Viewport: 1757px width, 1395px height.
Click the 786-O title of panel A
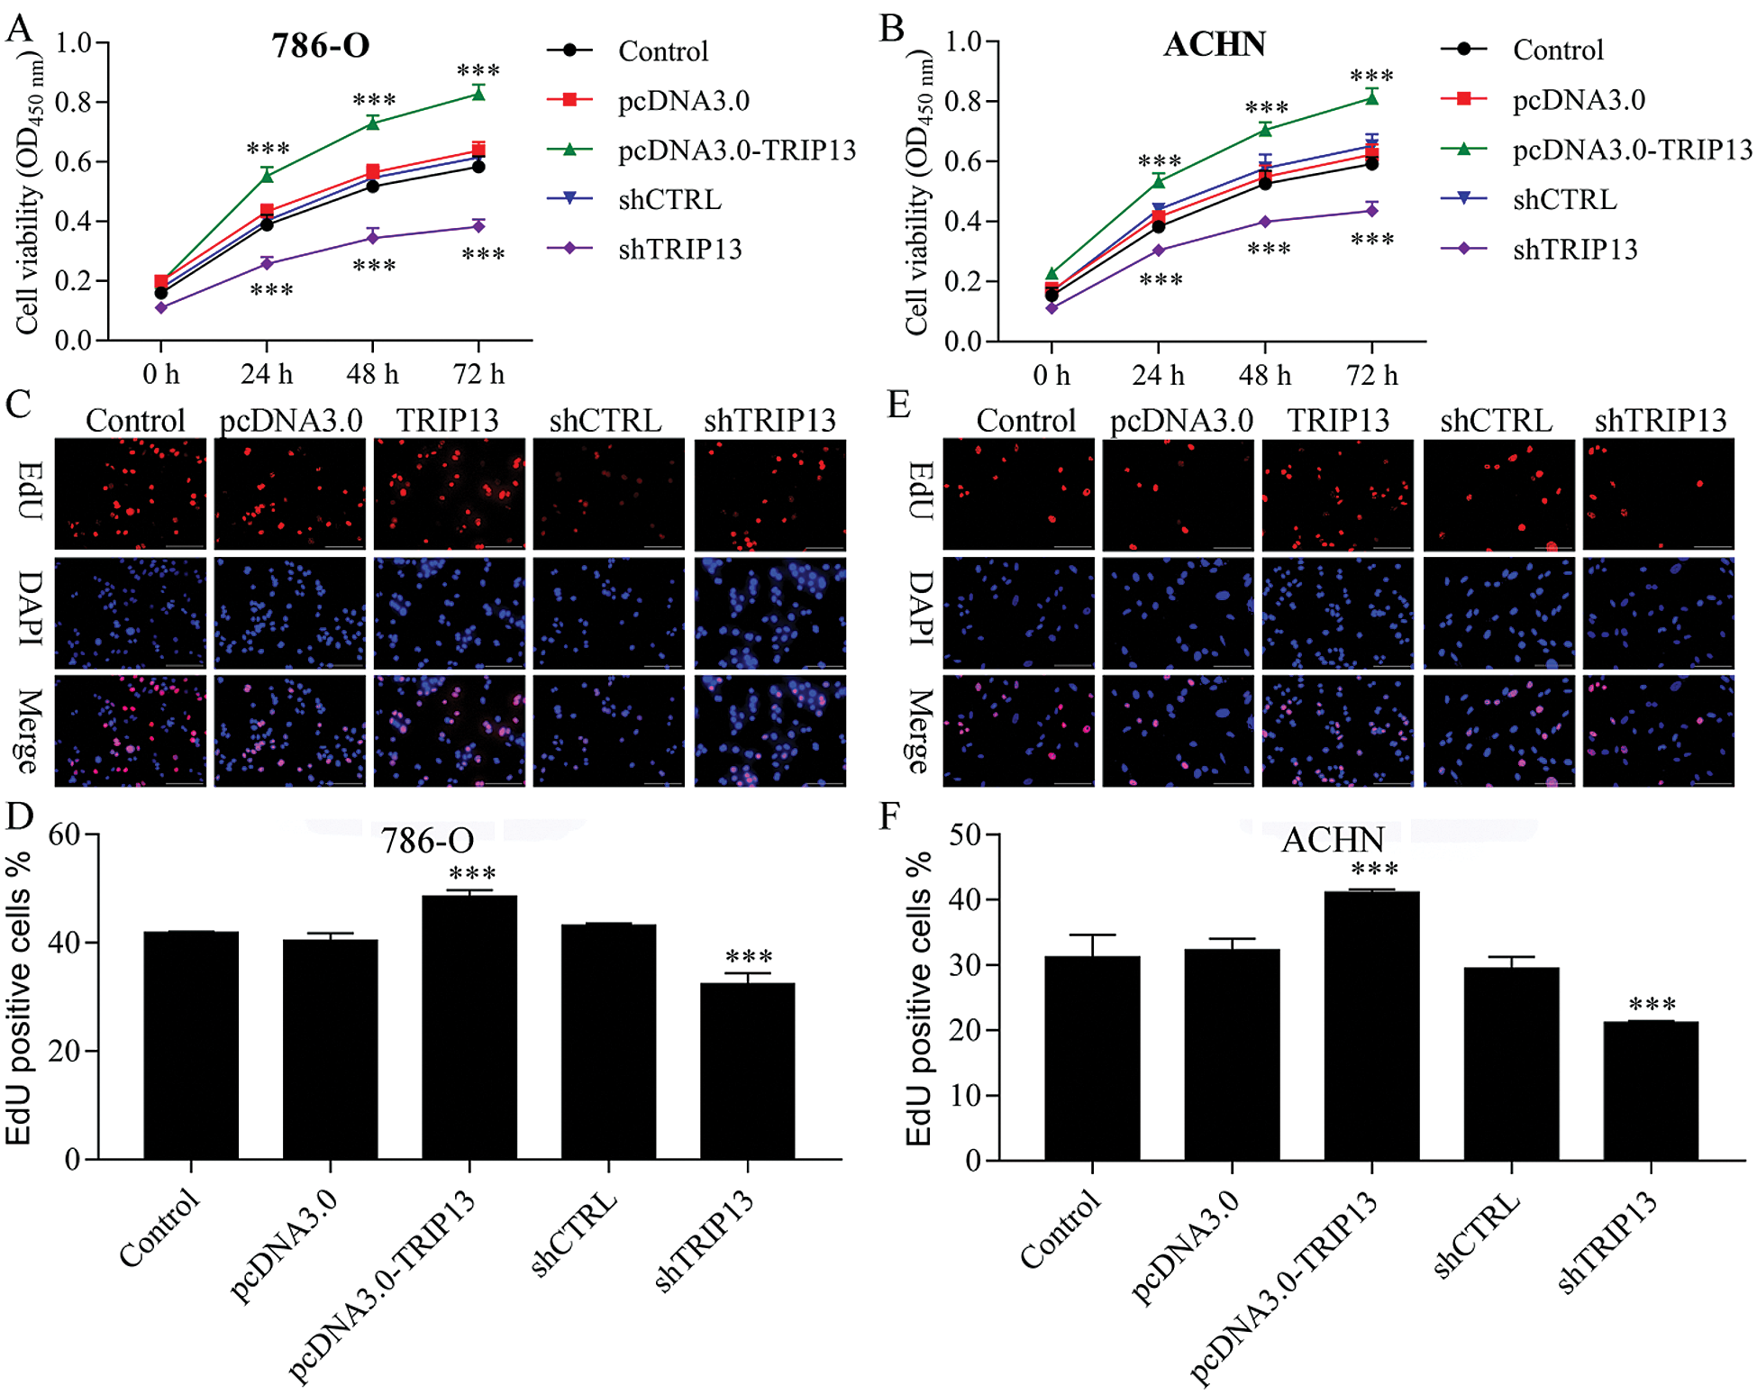point(321,46)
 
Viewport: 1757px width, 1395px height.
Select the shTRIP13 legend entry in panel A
point(679,249)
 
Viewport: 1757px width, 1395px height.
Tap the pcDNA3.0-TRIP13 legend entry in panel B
point(1632,149)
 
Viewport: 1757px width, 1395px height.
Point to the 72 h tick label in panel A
point(478,373)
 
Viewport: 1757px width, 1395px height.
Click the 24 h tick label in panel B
point(1158,374)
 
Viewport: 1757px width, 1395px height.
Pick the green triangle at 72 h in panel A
point(478,94)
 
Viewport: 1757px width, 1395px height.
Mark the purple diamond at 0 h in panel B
point(1051,308)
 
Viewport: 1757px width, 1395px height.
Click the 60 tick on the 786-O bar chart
point(64,834)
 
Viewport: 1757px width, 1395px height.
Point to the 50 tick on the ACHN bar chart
point(965,834)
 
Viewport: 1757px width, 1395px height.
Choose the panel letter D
point(19,816)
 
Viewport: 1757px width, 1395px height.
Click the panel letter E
point(897,405)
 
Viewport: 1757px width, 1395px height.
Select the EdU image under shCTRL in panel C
point(608,494)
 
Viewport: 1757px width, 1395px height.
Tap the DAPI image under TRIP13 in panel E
point(1337,613)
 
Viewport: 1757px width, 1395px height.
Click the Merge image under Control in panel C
point(131,731)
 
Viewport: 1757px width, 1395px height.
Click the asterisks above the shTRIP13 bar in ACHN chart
point(1652,1004)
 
